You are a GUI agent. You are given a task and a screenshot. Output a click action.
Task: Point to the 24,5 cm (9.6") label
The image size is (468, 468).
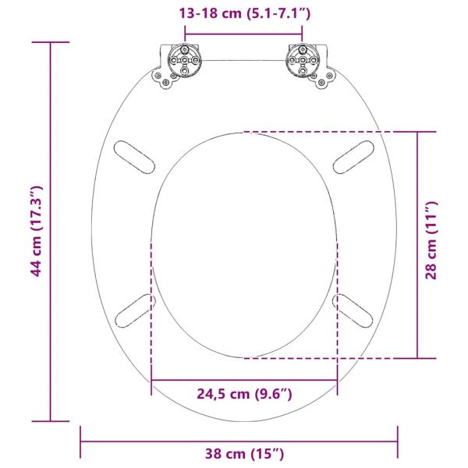244,395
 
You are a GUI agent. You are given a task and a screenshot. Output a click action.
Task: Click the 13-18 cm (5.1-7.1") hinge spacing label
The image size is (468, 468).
243,13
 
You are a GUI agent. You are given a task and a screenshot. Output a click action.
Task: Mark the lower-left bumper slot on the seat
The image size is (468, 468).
135,310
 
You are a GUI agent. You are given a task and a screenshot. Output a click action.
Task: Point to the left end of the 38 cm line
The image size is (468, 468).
81,441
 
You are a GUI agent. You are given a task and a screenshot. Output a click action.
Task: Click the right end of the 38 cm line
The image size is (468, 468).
398,441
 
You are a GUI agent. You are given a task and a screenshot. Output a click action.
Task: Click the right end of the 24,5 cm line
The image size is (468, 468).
338,381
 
